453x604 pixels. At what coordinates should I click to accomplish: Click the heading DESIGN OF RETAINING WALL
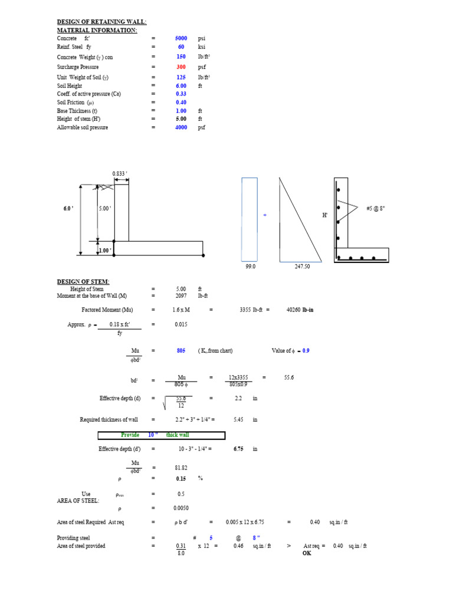(101, 22)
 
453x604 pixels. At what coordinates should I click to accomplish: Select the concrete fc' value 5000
(181, 38)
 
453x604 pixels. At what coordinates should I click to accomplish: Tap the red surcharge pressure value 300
(181, 67)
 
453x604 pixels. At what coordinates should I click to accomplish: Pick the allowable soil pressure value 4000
(181, 127)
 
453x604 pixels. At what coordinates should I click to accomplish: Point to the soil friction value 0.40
(181, 102)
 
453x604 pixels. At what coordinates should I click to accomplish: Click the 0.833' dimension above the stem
(120, 173)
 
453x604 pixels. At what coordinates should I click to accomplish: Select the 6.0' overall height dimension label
(68, 208)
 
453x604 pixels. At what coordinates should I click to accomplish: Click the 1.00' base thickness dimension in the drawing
(105, 250)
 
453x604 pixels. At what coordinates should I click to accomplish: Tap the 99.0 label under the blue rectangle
(250, 266)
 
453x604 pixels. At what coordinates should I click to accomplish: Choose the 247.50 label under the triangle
(302, 266)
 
